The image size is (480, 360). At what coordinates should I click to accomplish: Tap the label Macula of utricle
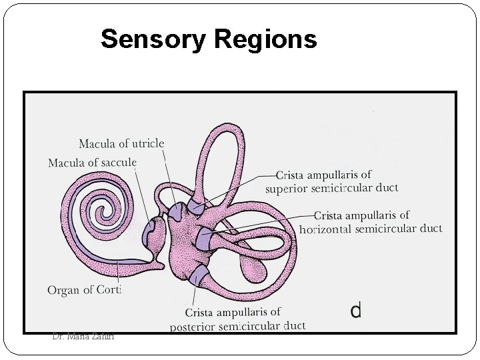coord(121,144)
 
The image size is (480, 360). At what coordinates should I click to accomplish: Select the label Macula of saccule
coord(92,163)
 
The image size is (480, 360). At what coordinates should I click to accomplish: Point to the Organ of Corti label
coord(85,289)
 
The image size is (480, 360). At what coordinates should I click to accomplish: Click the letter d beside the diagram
coord(356,310)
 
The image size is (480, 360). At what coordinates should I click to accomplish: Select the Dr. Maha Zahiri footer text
coord(83,337)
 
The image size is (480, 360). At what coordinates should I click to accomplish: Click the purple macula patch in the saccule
coord(151,233)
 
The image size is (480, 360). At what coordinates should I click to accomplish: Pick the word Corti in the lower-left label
coord(107,289)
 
